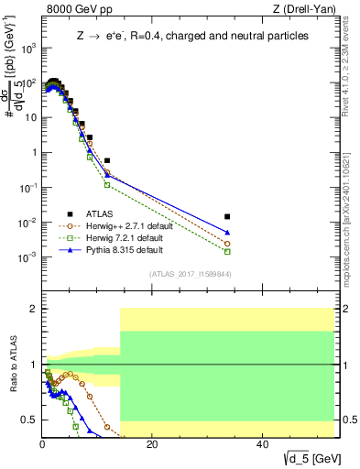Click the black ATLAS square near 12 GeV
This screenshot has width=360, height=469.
tap(107, 160)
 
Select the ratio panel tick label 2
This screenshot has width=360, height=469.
tap(34, 309)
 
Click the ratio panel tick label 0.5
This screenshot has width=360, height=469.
tap(30, 420)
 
